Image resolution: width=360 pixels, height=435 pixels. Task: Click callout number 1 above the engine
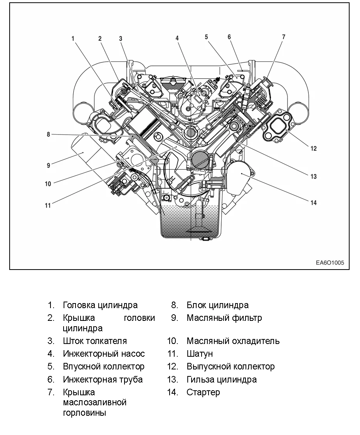click(x=73, y=38)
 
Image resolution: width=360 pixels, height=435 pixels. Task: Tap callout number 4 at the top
click(x=177, y=38)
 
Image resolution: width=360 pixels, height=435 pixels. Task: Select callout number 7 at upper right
click(x=284, y=37)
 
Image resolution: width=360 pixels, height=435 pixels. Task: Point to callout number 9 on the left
click(x=49, y=165)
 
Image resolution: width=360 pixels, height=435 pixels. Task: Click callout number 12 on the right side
click(x=313, y=148)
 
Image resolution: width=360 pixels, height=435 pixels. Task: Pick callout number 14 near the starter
click(x=313, y=202)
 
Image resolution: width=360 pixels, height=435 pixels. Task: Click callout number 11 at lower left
click(x=48, y=206)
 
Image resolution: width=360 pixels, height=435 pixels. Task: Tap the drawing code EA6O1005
click(x=330, y=263)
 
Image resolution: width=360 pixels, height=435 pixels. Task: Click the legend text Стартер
click(x=203, y=392)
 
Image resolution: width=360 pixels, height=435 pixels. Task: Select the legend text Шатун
click(x=200, y=354)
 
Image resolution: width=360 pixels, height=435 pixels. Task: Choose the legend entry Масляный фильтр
click(x=224, y=318)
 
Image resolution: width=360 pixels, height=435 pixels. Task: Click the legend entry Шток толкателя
click(x=95, y=341)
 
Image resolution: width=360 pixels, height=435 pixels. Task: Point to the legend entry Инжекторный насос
click(x=104, y=354)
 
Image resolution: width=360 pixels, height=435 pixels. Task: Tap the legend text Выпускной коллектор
click(x=230, y=366)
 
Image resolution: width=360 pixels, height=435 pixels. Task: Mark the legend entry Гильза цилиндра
click(x=222, y=379)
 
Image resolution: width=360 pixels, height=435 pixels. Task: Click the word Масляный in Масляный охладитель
click(x=205, y=341)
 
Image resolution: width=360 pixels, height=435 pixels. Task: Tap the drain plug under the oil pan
click(x=205, y=239)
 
